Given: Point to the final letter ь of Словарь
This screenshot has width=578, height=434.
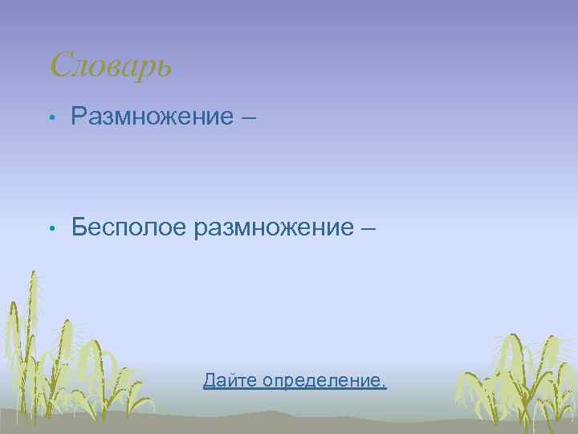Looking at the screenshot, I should coord(163,68).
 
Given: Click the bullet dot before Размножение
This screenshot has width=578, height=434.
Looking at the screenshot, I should coord(51,118).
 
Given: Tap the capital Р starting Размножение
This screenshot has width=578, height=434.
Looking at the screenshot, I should coord(79,117).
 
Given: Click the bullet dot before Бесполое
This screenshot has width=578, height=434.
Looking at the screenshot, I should coord(51,229).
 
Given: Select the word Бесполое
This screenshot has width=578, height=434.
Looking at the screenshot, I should coord(128,227).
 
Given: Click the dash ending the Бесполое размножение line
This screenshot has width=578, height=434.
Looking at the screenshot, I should coord(368,228).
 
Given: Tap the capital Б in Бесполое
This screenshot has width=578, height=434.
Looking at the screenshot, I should coord(79,227).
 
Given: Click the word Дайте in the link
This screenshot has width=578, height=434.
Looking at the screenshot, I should coord(227,380).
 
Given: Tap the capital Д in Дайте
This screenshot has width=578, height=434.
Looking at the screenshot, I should coord(210,380).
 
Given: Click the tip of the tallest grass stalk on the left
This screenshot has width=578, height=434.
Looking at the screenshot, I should coord(33,273).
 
